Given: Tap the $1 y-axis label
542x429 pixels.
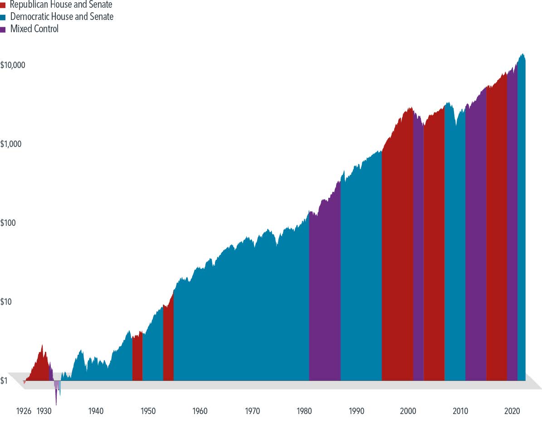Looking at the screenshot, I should coord(4,381).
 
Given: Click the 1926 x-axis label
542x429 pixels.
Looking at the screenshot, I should coord(24,411).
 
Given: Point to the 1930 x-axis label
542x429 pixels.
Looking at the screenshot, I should coord(44,411).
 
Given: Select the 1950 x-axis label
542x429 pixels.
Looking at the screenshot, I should coord(148,411).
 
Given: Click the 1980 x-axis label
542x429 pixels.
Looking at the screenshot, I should coord(304,411).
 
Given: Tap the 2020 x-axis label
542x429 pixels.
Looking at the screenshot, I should coord(512,411).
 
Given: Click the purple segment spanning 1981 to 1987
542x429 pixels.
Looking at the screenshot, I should coord(325,295).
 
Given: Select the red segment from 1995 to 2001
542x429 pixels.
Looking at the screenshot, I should coord(397,272).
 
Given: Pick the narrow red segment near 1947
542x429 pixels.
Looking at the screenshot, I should coord(137,358).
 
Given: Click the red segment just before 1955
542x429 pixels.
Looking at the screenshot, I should coord(168,345).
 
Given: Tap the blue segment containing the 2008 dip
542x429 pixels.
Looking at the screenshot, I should coord(454,254).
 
